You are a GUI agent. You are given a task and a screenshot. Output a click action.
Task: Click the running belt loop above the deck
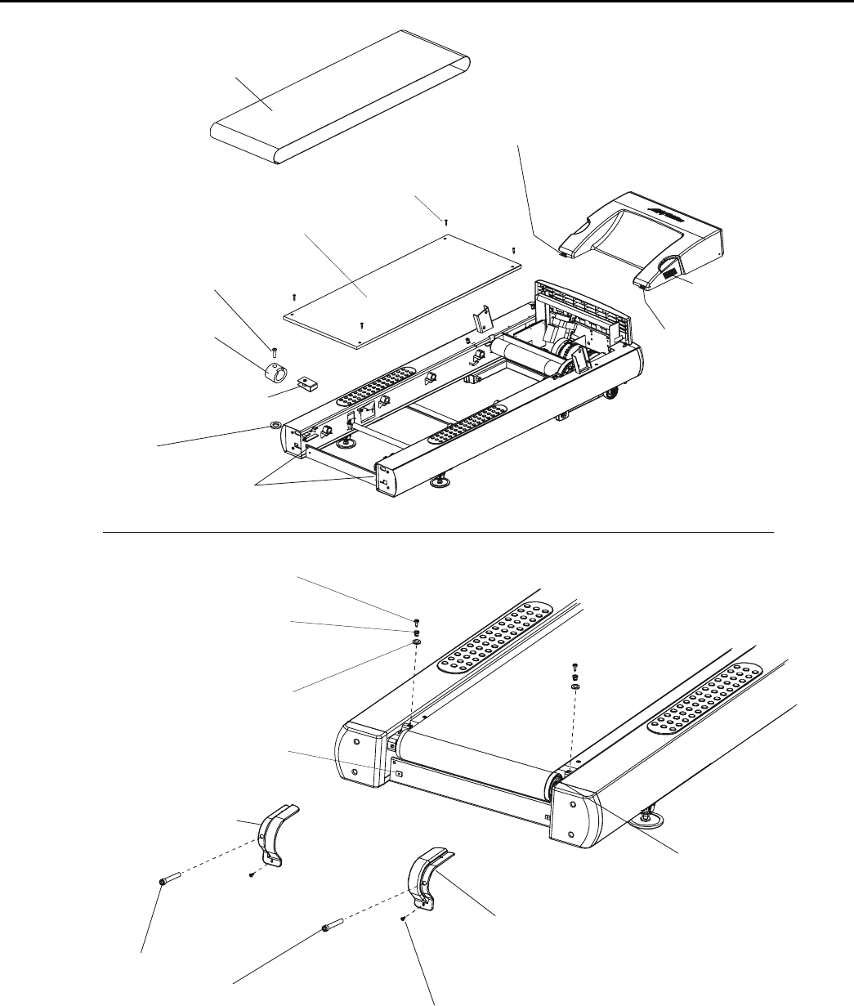tap(343, 98)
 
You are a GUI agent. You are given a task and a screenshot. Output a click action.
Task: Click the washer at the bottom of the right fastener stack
tap(575, 687)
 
